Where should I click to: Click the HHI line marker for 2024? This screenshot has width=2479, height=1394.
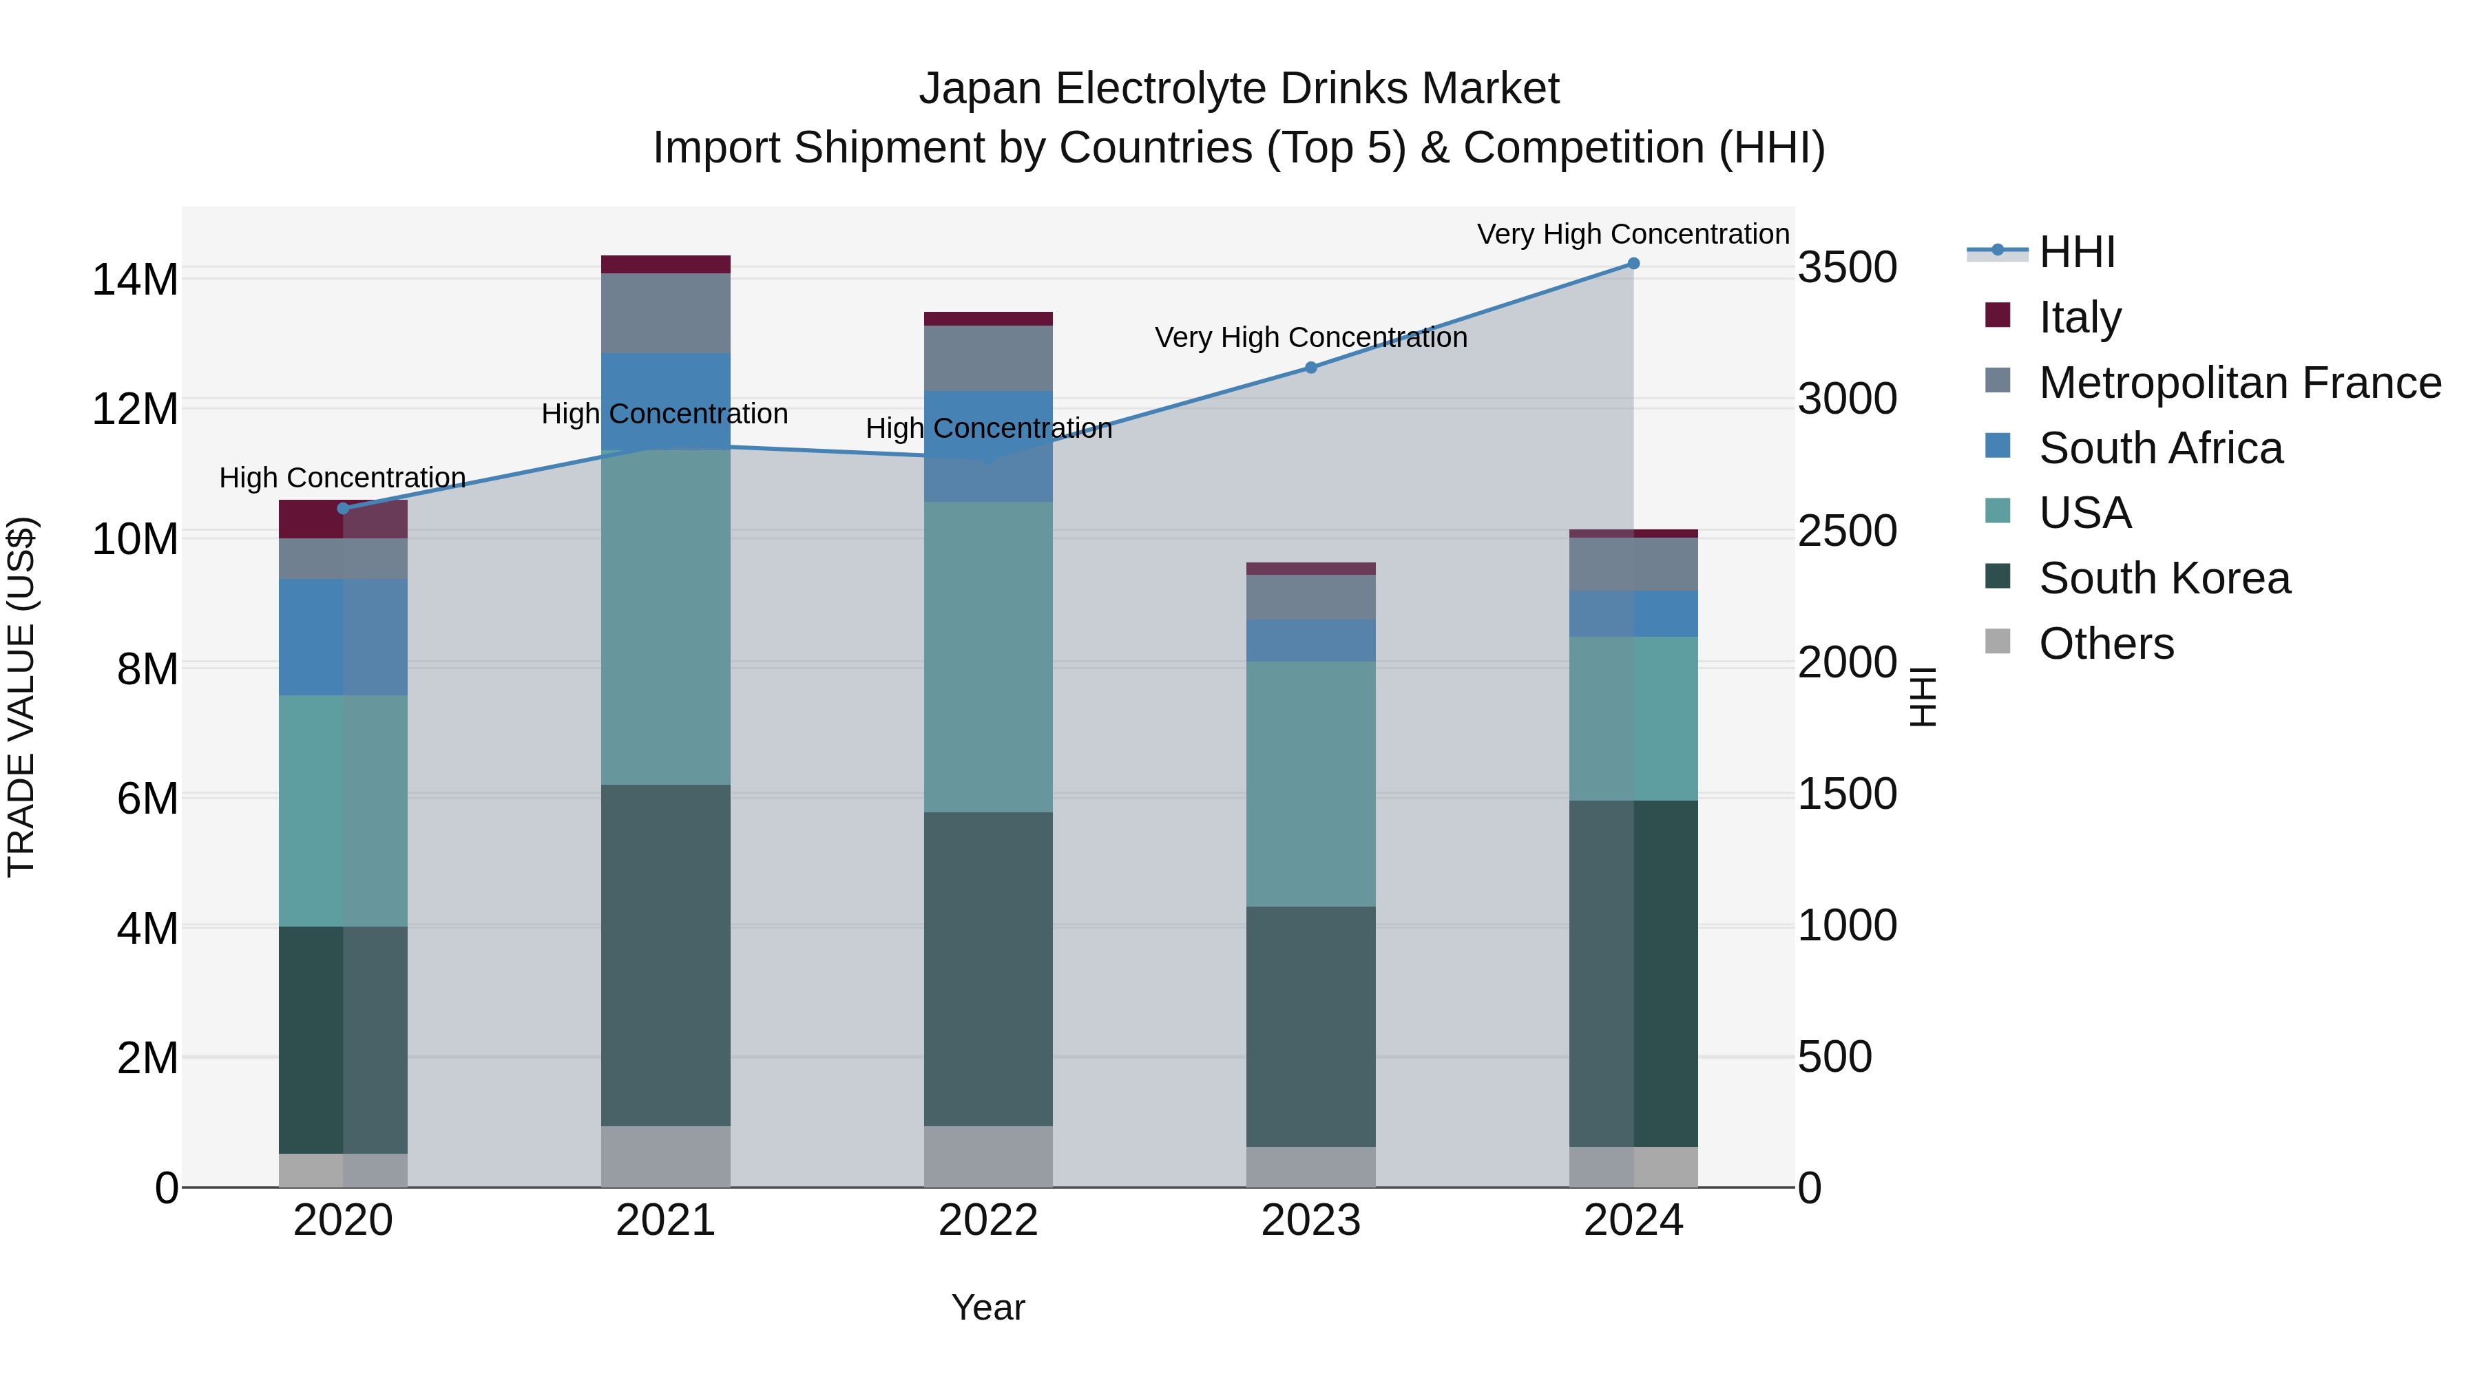(x=1633, y=264)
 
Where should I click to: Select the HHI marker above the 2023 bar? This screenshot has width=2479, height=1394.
(x=1310, y=368)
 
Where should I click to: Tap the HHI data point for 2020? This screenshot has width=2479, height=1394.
(x=344, y=509)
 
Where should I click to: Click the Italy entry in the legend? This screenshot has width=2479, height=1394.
(x=2079, y=317)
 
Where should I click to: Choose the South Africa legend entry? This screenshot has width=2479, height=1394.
(x=2159, y=448)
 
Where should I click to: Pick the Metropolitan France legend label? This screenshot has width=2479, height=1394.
(x=2239, y=383)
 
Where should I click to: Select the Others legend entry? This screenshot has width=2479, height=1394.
(x=2106, y=644)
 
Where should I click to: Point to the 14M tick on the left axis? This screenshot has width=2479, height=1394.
(x=135, y=280)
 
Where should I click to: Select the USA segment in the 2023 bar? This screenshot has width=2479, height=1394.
(x=1310, y=784)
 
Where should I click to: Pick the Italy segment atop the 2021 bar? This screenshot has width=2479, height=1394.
(x=666, y=264)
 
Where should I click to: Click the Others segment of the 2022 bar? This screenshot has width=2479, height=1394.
(x=987, y=1157)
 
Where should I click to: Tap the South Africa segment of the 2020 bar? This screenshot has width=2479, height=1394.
(x=344, y=637)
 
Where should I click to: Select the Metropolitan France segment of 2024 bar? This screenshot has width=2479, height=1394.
(x=1633, y=564)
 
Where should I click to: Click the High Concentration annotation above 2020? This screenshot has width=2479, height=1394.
(x=343, y=478)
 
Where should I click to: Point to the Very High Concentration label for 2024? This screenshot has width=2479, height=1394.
(x=1633, y=235)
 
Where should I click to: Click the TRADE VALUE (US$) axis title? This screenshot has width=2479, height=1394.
(x=21, y=697)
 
